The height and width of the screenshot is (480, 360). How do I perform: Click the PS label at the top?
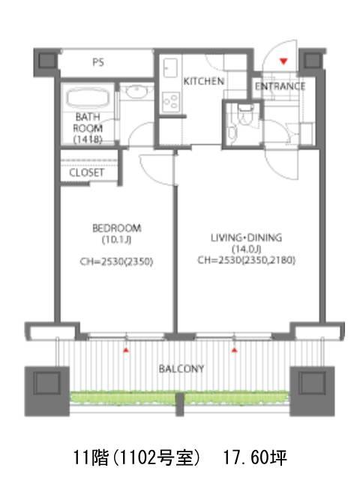tap(98, 62)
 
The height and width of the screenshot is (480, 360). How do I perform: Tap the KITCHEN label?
tap(204, 81)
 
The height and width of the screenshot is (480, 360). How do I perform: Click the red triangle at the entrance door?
tap(283, 61)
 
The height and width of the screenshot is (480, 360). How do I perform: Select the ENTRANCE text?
tap(280, 86)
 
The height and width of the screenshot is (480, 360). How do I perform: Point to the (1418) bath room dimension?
tap(88, 139)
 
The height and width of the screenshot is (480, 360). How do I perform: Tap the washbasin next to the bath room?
tap(136, 91)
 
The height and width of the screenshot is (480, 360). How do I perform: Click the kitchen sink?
tap(170, 68)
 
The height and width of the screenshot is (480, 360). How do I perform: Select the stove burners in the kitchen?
tap(171, 101)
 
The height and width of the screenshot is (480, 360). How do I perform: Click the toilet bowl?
tap(244, 114)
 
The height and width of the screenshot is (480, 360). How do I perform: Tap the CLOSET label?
tap(87, 172)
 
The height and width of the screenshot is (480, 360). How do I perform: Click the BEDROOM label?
tap(117, 228)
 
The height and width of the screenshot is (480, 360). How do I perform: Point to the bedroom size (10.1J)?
tap(117, 240)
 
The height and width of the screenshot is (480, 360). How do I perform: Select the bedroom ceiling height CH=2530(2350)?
tap(116, 262)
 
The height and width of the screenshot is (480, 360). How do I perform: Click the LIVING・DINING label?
tap(246, 238)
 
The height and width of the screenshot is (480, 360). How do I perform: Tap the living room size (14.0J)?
tap(247, 249)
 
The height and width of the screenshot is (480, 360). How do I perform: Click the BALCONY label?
tap(181, 368)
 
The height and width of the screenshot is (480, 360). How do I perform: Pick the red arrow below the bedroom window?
tap(125, 350)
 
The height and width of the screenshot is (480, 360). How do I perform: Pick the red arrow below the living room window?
tap(235, 350)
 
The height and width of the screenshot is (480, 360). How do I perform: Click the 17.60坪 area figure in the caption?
tap(255, 458)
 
